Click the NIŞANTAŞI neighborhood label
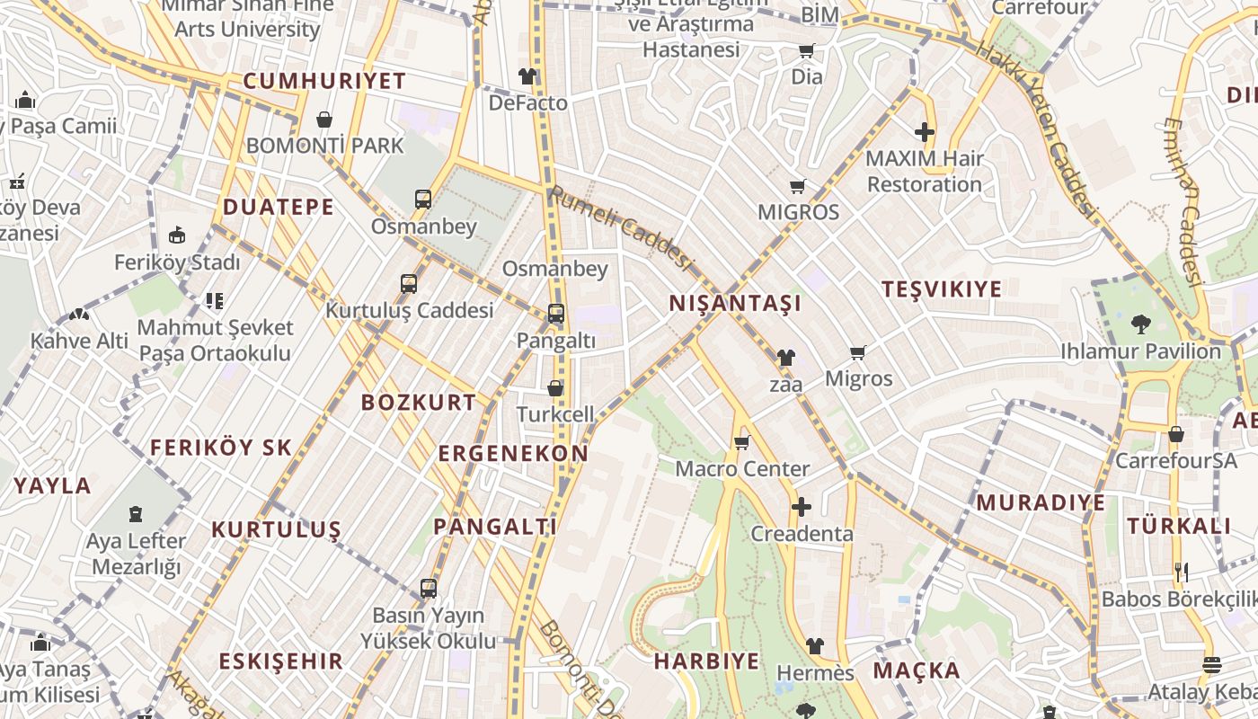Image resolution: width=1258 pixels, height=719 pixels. (735, 304)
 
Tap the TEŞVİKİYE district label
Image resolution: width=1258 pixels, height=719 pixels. (941, 289)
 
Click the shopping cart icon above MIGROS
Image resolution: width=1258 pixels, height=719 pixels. (797, 187)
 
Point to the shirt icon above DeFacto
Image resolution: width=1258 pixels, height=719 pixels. (527, 76)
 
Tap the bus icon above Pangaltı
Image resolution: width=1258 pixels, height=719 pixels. (556, 314)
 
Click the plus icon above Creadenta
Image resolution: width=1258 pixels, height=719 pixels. (801, 507)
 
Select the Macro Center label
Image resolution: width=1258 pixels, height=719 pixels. (742, 469)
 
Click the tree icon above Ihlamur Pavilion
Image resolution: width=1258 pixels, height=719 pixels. (1140, 323)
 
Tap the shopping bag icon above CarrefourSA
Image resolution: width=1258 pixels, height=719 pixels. (1175, 434)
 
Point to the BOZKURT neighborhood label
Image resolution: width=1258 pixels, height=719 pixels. (419, 403)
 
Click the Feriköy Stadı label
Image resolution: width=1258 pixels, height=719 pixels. (177, 263)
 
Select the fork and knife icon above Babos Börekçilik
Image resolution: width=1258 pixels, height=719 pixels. (1181, 572)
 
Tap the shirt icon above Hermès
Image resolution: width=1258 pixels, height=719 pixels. (814, 645)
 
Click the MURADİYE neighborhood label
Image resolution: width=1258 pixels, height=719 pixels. (1041, 502)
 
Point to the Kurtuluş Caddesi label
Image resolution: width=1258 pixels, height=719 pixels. (410, 311)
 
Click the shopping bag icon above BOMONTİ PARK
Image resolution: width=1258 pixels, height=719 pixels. (324, 120)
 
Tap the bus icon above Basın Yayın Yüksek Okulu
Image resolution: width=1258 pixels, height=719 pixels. (429, 589)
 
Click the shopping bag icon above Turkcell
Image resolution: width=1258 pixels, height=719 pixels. (555, 388)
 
